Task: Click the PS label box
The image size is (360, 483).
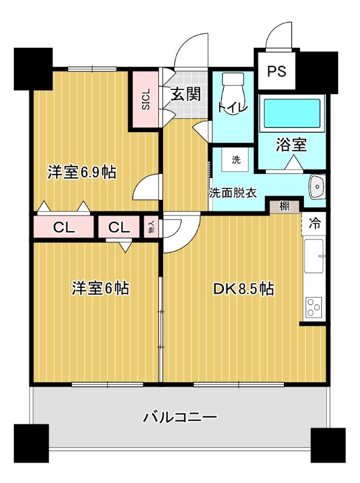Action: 277,71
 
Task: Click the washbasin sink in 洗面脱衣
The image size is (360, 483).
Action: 317,187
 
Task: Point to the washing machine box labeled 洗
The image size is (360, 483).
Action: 236,160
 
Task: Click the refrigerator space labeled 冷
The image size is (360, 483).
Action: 314,223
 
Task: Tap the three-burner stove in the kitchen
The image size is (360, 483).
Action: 313,307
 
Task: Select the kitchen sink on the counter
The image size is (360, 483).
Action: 314,255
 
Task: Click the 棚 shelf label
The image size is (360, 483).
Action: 284,206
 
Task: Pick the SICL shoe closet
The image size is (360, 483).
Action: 146,99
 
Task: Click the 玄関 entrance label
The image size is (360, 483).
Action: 185,94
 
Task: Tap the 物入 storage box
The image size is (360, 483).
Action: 151,228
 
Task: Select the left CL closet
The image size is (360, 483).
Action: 63,228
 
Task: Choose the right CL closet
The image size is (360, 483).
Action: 119,228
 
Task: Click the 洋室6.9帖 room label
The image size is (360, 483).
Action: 82,172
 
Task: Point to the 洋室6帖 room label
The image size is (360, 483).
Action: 100,288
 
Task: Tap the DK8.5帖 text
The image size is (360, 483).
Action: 243,289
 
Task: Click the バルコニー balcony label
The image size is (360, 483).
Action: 181,417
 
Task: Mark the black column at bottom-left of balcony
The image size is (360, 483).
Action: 31,443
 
